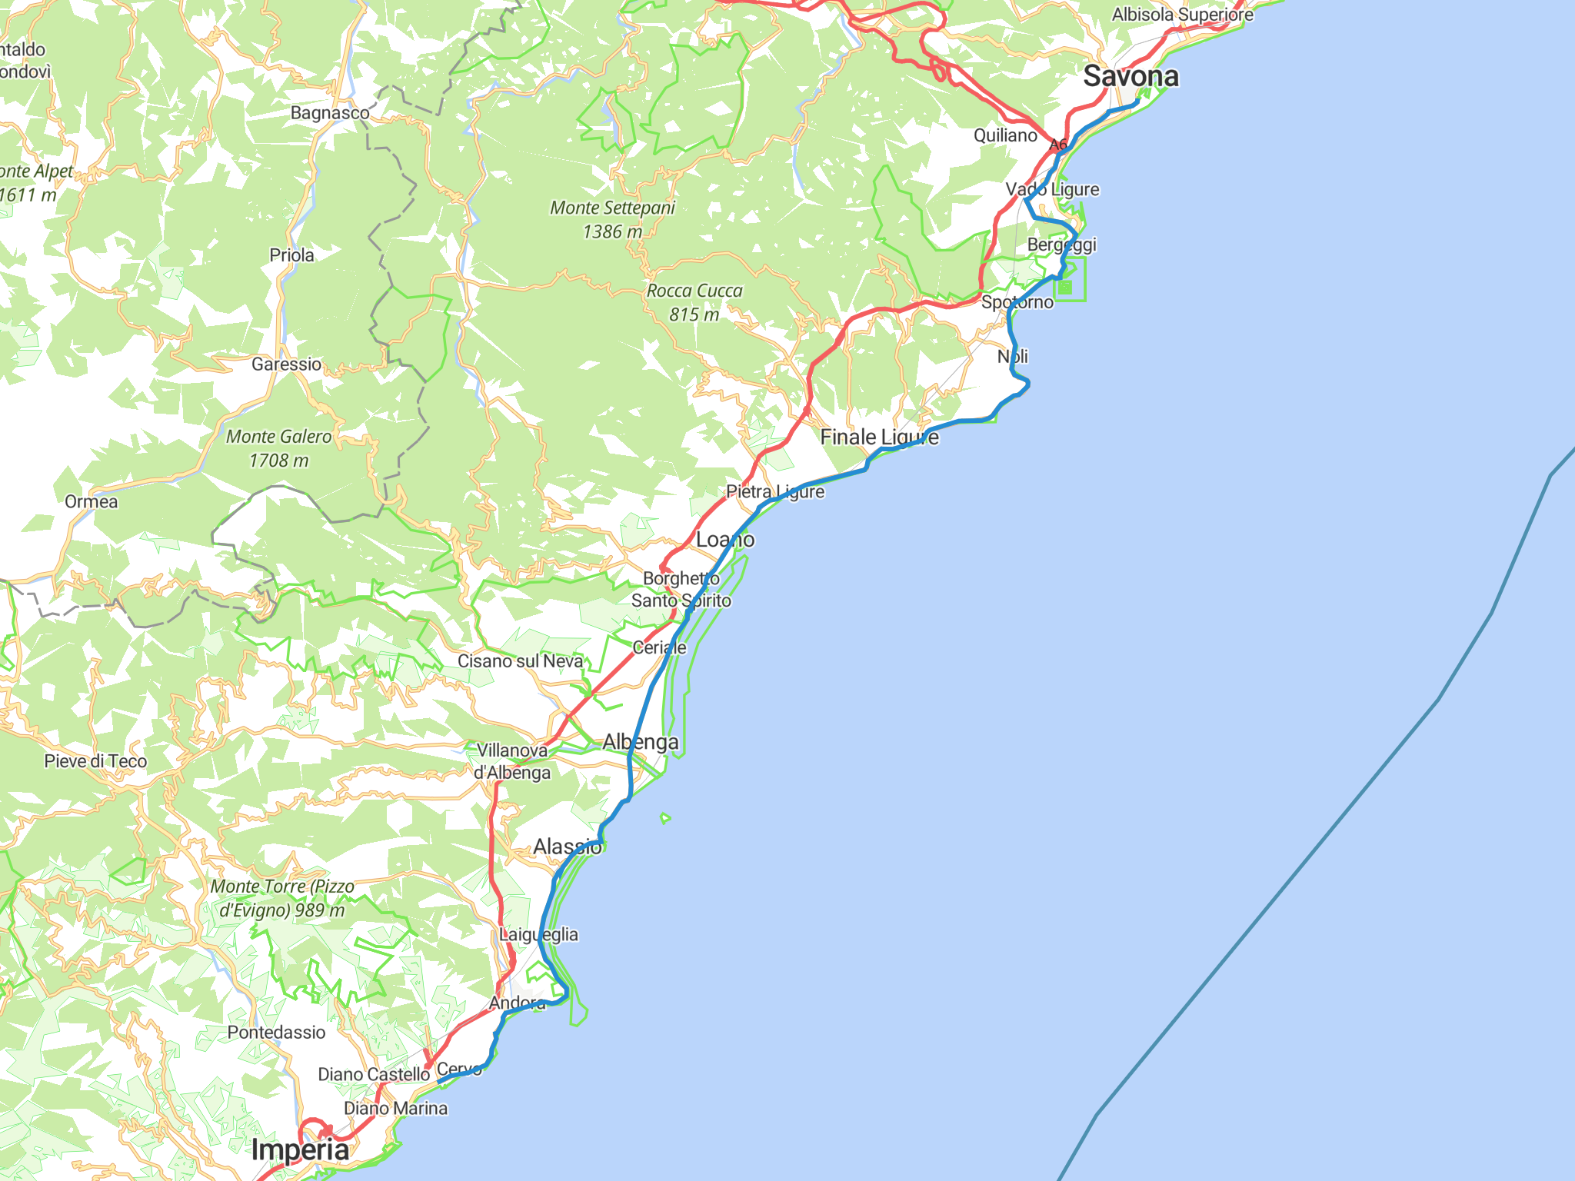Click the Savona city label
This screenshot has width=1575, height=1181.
[x=1130, y=76]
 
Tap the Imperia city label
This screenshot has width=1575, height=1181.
[x=300, y=1149]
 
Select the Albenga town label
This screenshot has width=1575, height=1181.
[x=641, y=742]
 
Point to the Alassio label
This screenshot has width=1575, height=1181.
[x=568, y=847]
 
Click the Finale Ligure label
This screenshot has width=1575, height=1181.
[x=879, y=437]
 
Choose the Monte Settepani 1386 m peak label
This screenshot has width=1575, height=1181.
[x=612, y=219]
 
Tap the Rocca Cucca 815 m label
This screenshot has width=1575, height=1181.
[x=694, y=302]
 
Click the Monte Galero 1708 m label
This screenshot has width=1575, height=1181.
[x=278, y=448]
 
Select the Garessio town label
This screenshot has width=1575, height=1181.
[x=286, y=364]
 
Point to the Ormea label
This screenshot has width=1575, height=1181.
[x=92, y=502]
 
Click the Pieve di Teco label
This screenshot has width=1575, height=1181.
[x=95, y=761]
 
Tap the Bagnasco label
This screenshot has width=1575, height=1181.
[x=330, y=113]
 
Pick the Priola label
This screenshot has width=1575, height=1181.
[x=291, y=255]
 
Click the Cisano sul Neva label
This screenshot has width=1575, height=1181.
[x=521, y=661]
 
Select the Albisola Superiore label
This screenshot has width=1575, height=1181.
[x=1182, y=15]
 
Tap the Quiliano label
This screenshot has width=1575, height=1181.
[x=1005, y=135]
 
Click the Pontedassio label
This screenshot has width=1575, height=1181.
[x=276, y=1032]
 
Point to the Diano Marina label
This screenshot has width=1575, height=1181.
[x=395, y=1108]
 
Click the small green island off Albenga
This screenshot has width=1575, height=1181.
[x=665, y=819]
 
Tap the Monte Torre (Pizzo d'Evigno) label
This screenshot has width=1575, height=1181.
[x=282, y=898]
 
